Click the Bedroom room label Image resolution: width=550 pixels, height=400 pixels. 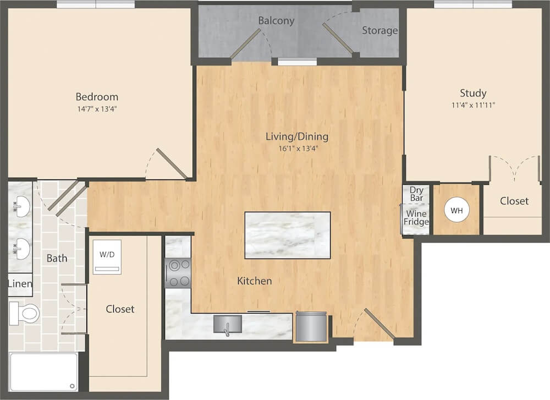(x=97, y=97)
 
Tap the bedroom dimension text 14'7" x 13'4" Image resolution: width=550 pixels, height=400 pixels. (x=97, y=109)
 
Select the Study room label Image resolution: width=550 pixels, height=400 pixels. (x=473, y=94)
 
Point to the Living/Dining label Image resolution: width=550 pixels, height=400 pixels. (x=297, y=136)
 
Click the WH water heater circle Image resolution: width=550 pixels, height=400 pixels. (x=457, y=211)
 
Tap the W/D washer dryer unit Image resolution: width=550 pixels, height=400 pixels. (x=107, y=257)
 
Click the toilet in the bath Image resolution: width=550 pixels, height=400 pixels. (x=24, y=313)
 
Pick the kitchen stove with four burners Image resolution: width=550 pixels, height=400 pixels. (x=178, y=273)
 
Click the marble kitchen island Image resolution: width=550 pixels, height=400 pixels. (x=287, y=235)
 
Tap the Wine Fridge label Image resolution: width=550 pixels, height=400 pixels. (x=416, y=218)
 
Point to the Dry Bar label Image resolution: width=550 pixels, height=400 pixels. (x=416, y=194)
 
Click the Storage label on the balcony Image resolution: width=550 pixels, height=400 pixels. (x=380, y=31)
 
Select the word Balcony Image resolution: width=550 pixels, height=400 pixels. (x=276, y=21)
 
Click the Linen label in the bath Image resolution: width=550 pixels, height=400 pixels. (x=20, y=283)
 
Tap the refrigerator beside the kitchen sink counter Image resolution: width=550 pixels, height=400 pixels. (x=311, y=327)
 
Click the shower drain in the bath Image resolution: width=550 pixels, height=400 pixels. (x=72, y=386)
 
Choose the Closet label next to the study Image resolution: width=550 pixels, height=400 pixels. (x=514, y=201)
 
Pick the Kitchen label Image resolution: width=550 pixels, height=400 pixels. (x=254, y=281)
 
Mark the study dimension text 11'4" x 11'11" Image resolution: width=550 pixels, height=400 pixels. (x=473, y=105)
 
